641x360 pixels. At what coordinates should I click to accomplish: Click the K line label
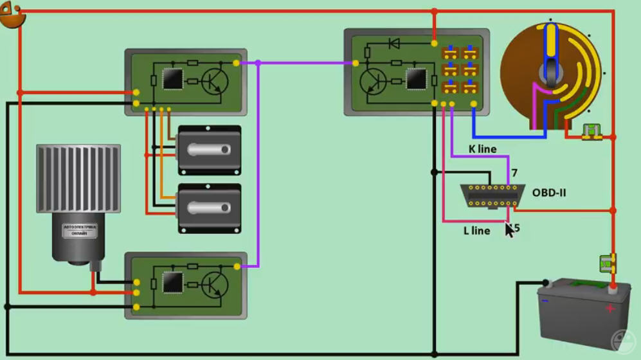(x=482, y=149)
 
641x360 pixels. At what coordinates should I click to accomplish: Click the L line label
(x=476, y=231)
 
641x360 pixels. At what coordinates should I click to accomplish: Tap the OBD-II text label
(x=549, y=192)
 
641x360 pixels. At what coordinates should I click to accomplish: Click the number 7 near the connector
(x=514, y=173)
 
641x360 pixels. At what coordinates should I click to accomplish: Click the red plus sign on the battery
(x=609, y=309)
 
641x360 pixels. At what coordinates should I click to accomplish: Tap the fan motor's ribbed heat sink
(x=78, y=178)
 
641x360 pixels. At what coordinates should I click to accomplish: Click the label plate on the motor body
(x=80, y=230)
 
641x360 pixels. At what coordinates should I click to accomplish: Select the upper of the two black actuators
(x=209, y=150)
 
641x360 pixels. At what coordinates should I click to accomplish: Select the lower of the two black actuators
(x=209, y=208)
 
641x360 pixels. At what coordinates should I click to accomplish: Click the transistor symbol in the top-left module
(x=214, y=82)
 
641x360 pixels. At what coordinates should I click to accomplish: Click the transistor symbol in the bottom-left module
(x=214, y=284)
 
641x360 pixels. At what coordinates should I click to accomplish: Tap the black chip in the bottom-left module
(x=172, y=283)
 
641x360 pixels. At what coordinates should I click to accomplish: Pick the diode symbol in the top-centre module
(x=394, y=44)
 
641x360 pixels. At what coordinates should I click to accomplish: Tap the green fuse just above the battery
(x=607, y=263)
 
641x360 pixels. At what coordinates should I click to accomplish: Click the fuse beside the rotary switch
(x=591, y=132)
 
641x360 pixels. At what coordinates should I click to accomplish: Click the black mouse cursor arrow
(x=509, y=230)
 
